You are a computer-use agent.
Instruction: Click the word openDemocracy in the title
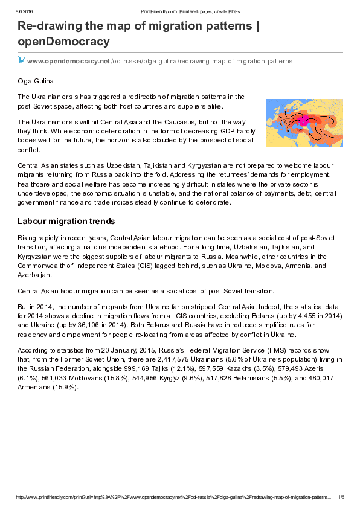[x=63, y=42]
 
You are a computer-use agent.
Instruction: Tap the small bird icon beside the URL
[x=21, y=60]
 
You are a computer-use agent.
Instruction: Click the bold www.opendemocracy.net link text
[x=68, y=61]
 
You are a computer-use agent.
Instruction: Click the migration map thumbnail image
[x=304, y=123]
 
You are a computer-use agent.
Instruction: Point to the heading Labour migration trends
[x=66, y=222]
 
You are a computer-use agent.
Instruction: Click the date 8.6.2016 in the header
[x=24, y=12]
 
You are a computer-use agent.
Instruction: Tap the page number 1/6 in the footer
[x=341, y=497]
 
